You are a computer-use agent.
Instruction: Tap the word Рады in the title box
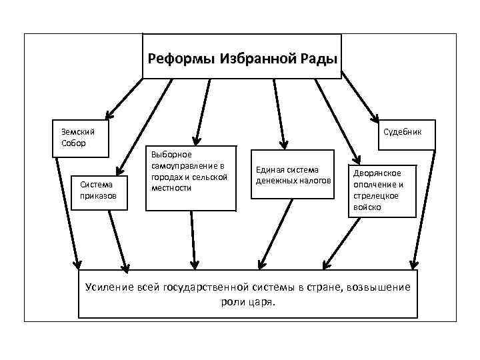[x=319, y=59]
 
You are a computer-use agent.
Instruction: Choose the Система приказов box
[x=98, y=190]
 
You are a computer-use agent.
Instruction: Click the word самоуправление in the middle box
[x=187, y=165]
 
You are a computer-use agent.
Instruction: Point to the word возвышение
[x=374, y=287]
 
